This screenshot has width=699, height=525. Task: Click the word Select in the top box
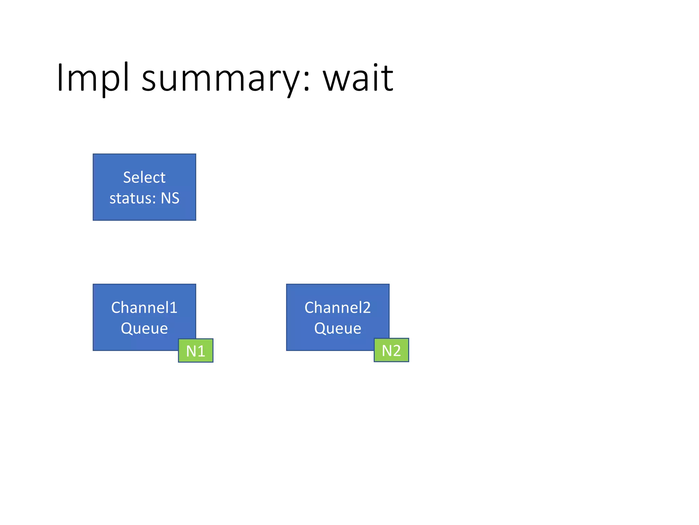tap(144, 177)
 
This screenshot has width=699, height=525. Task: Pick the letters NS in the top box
tap(170, 198)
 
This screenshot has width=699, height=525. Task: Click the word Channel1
tap(144, 308)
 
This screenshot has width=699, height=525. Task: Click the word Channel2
tap(338, 308)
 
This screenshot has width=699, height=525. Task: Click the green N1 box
tap(196, 351)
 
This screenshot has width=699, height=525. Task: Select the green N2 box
tap(391, 350)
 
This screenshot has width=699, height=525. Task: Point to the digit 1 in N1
tap(201, 351)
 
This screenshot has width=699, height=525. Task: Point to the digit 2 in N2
tap(396, 351)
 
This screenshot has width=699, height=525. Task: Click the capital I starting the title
tap(60, 78)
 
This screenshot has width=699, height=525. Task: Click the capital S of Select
tap(127, 177)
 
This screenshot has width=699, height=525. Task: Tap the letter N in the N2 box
tap(386, 351)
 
